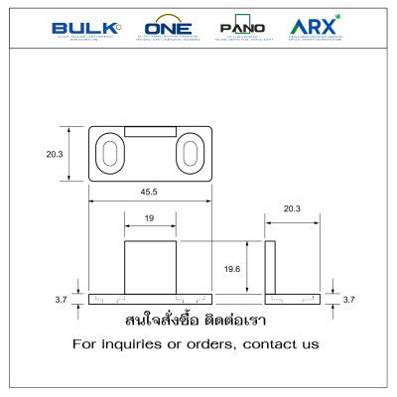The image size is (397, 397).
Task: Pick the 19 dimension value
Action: point(150,217)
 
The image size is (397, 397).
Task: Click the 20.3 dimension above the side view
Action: point(292,209)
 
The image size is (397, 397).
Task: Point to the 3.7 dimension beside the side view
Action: point(347,299)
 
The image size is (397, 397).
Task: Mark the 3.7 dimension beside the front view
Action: point(60,299)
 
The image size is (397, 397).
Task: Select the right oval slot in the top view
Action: point(190,154)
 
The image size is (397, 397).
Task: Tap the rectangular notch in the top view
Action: point(150,131)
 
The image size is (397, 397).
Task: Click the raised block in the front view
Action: point(150,267)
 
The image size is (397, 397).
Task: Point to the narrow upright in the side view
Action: point(270,267)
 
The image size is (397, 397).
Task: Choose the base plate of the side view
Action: point(292,299)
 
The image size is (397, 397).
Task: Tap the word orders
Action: point(215,344)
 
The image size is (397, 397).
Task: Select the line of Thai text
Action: point(197,322)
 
